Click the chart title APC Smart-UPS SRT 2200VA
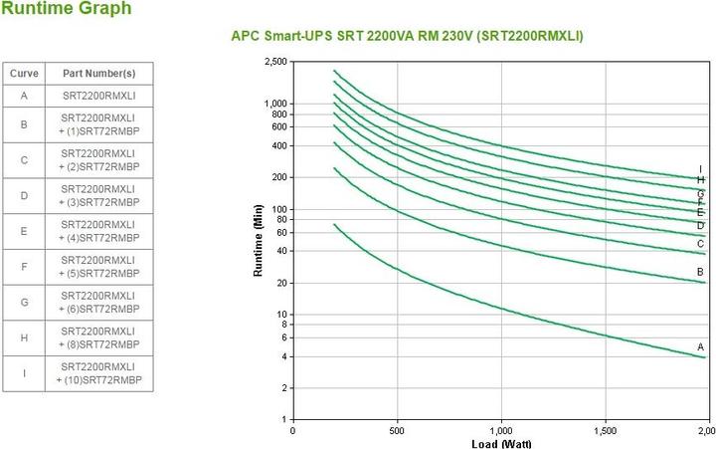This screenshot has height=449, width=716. pos(407,36)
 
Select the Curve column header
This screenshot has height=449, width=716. pos(23,74)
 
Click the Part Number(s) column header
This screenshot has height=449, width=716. pos(98,74)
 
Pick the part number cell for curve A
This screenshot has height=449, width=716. pos(98,96)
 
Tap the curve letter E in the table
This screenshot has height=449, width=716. pos(23,231)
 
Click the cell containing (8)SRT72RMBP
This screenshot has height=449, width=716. pos(98,337)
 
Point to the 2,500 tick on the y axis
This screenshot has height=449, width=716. pos(273,62)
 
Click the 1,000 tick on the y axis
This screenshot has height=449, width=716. pos(273,104)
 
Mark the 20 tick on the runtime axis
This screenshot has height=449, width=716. pos(280,283)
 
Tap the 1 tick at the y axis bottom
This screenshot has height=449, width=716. pos(283,419)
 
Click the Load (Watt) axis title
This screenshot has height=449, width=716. pos(498,443)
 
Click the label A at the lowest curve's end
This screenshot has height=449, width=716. pos(700,345)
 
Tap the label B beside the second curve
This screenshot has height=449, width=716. pos(700,271)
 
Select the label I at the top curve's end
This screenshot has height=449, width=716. pos(700,168)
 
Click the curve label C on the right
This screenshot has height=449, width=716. pos(700,243)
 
